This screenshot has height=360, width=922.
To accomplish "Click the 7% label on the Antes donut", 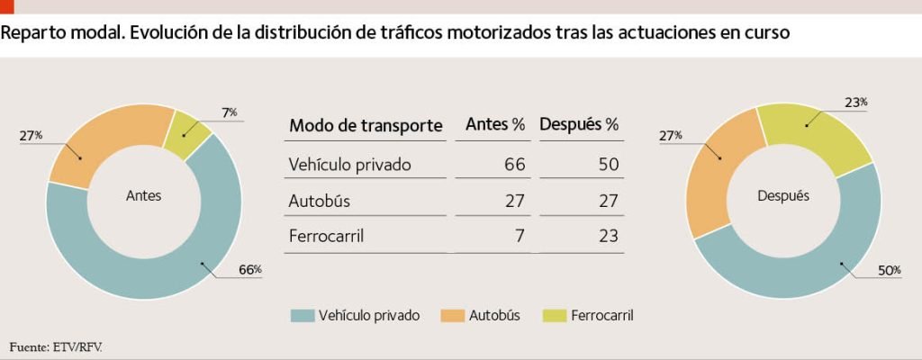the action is coord(230,112).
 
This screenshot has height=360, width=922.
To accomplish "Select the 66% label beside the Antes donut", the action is coord(250,270).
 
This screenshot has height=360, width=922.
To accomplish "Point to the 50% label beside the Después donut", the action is coord(889,271).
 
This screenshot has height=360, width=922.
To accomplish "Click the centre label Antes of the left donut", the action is coord(143,196).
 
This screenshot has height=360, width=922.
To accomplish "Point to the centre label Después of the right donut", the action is coord(783,196).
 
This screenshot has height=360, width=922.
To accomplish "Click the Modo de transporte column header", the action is coord(366,126).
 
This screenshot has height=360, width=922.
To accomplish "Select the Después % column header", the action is coord(579,125).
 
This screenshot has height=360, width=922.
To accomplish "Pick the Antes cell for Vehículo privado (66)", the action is coord(514,165).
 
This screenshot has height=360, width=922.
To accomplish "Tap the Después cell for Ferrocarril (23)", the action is coord(610,237).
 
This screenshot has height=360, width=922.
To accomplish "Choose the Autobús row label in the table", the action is coord(320,201).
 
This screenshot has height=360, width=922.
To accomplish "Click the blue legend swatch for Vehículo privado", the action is coord(303,317).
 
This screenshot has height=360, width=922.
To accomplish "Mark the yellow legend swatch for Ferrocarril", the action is coord(554,317).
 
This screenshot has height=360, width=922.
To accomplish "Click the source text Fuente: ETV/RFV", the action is coord(50,347).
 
